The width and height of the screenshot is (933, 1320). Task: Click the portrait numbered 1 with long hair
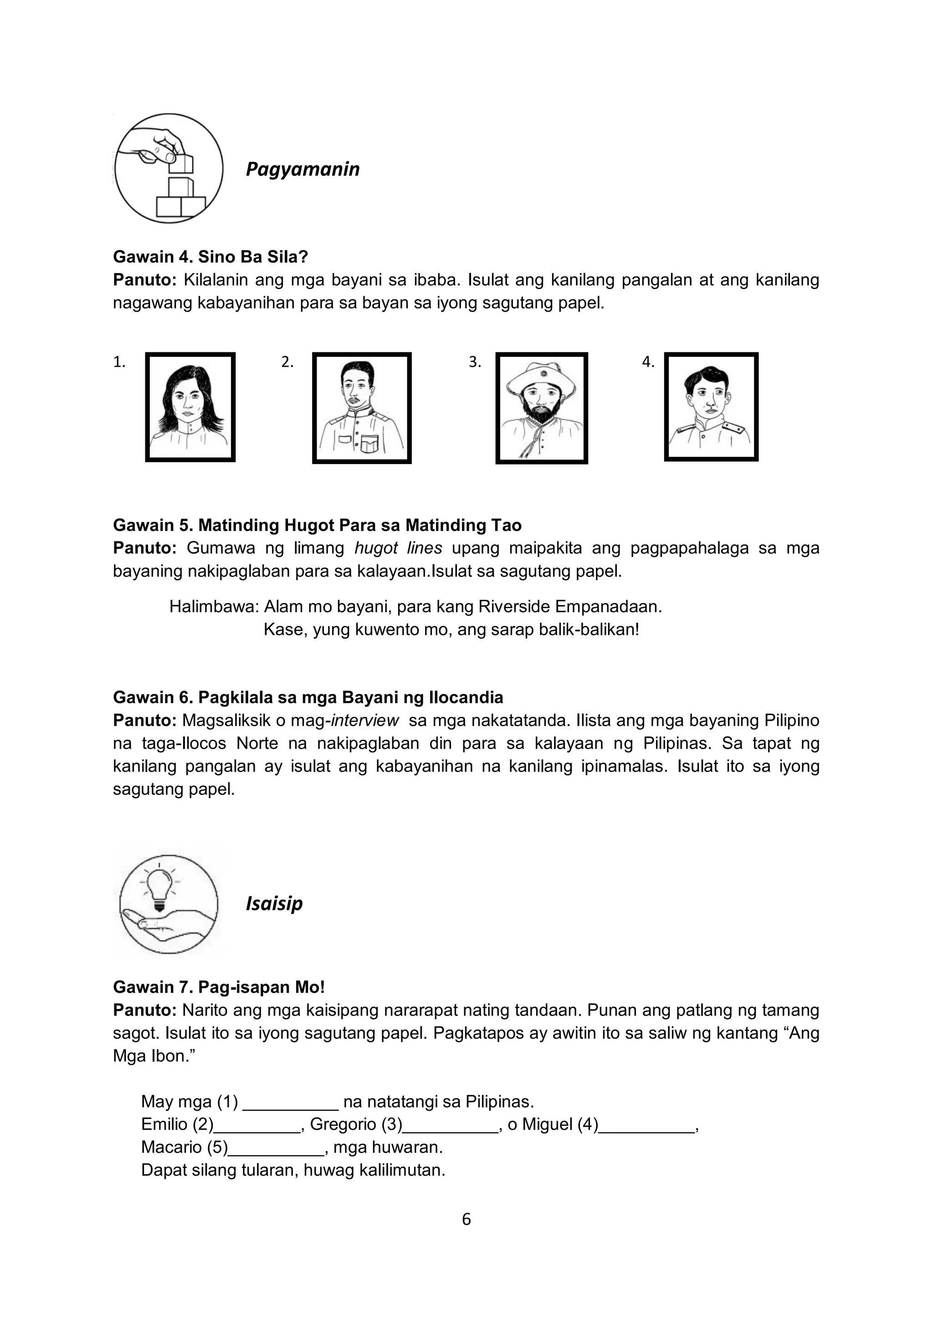pos(190,407)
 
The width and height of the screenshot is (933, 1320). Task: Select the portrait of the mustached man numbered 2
pos(361,407)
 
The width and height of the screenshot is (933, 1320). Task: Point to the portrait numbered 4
pos(711,407)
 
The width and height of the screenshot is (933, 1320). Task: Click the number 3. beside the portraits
pos(475,362)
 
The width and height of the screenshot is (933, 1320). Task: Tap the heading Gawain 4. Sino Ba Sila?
pos(210,257)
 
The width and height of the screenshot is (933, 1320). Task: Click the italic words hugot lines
pos(398,548)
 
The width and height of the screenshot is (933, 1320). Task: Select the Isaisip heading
pos(274,904)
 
